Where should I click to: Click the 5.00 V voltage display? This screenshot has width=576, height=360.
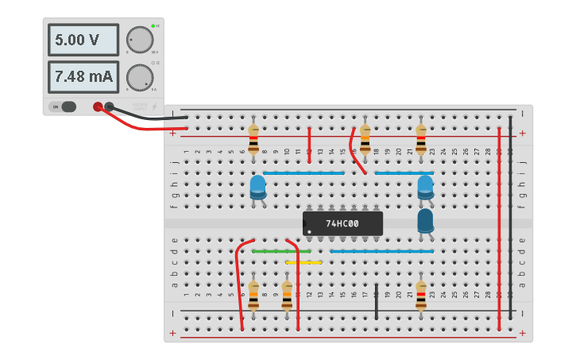point(83,40)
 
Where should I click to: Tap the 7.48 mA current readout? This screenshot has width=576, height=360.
point(83,77)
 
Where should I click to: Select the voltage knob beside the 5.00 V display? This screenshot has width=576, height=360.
point(140,40)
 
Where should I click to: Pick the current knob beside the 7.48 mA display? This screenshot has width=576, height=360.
point(140,77)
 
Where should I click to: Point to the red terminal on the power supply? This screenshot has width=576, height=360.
point(98,106)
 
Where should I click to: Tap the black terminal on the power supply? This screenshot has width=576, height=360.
point(110,106)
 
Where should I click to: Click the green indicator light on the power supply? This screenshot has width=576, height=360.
point(152,26)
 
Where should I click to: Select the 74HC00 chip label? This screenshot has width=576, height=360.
point(342,223)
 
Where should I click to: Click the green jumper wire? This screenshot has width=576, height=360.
point(281,251)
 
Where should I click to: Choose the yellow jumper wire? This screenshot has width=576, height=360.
point(303,261)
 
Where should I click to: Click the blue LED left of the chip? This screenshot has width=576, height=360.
point(258,188)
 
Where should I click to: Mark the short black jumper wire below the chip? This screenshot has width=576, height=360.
point(377,301)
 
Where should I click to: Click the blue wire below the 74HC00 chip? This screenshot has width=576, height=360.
point(381,251)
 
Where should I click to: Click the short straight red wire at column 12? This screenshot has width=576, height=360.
point(309,144)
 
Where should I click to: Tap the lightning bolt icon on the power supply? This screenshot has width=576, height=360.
point(155,106)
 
